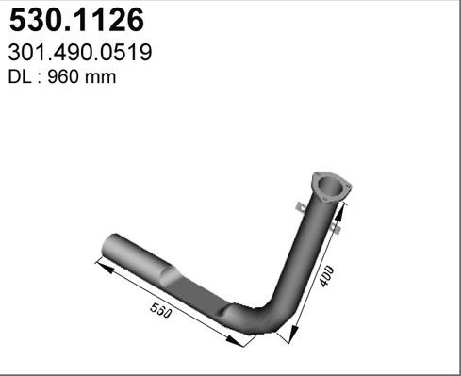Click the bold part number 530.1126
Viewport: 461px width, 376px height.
76,20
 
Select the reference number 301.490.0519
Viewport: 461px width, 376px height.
80,53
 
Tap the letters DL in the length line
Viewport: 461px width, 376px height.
20,77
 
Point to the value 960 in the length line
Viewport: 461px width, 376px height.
62,77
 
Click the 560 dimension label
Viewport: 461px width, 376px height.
161,310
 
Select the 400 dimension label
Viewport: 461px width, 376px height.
327,276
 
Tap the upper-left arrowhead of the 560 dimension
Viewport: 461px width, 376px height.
106,268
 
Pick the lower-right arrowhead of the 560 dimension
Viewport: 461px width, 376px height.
235,341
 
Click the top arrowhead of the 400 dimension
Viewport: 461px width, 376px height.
340,213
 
